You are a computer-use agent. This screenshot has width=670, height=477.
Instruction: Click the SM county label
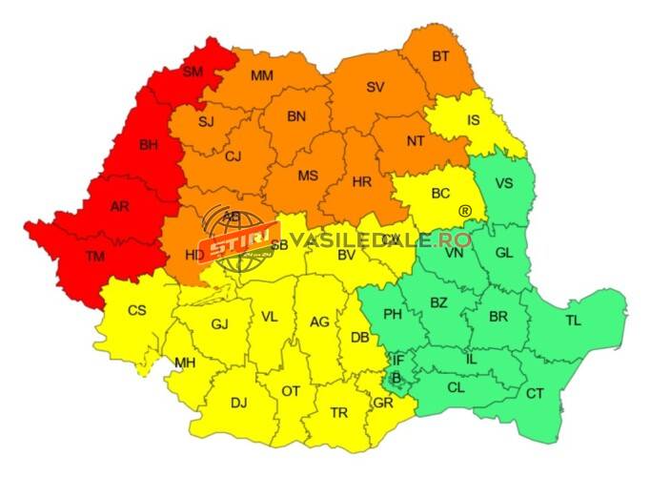[x=193, y=72]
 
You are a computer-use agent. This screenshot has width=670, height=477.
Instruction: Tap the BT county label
[x=440, y=56]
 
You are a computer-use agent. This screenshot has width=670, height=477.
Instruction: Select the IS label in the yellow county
[x=474, y=120]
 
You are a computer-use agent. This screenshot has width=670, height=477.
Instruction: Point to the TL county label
[x=573, y=321]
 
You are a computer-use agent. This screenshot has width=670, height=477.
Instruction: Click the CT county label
[x=536, y=393]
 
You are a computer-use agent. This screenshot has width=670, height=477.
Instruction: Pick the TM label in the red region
[x=95, y=256]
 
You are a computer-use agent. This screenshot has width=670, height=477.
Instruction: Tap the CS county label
[x=137, y=310]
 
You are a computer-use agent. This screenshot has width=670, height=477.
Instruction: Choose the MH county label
[x=184, y=363]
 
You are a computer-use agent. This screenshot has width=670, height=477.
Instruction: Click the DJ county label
[x=238, y=403]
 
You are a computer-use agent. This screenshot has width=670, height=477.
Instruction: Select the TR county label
[x=338, y=412]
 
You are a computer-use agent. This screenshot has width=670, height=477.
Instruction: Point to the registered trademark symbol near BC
[x=465, y=211]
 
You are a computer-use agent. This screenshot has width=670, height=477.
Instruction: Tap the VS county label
[x=504, y=183]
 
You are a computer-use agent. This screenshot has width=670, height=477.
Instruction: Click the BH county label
[x=149, y=146]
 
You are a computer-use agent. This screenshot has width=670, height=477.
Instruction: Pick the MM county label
[x=262, y=75]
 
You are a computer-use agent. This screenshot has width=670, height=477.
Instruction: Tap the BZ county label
[x=438, y=302]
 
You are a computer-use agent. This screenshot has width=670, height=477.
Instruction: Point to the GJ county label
[x=220, y=324]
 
